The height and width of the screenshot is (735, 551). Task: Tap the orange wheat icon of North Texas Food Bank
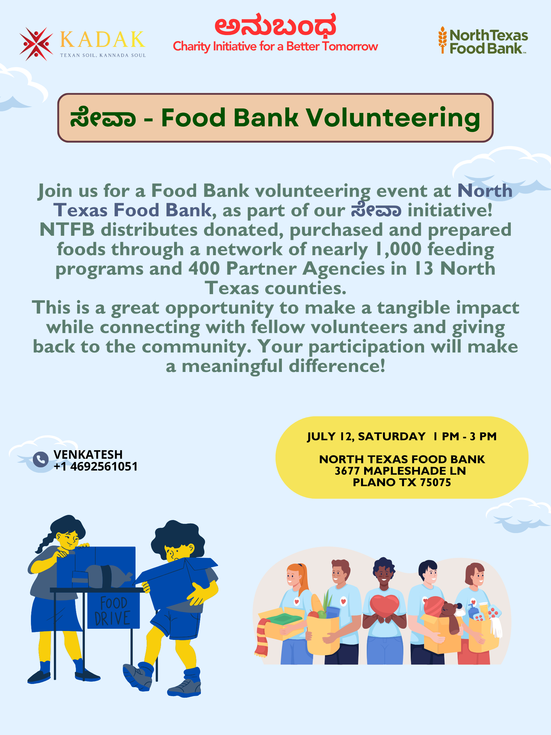pyautogui.click(x=442, y=40)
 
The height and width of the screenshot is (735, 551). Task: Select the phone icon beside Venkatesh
pyautogui.click(x=40, y=460)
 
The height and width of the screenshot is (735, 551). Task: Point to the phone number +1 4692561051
pyautogui.click(x=96, y=466)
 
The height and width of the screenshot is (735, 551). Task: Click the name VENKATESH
pyautogui.click(x=88, y=454)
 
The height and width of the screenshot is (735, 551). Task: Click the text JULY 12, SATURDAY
pyautogui.click(x=366, y=436)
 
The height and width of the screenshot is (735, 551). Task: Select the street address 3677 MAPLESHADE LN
pyautogui.click(x=400, y=471)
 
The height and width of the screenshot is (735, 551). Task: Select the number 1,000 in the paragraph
pyautogui.click(x=398, y=249)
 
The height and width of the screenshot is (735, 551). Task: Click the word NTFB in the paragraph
pyautogui.click(x=67, y=230)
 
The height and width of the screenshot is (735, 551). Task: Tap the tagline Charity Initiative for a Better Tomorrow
pyautogui.click(x=275, y=46)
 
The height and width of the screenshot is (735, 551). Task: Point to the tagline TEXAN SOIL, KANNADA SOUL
pyautogui.click(x=103, y=55)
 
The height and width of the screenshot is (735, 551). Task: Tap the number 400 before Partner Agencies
pyautogui.click(x=204, y=269)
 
